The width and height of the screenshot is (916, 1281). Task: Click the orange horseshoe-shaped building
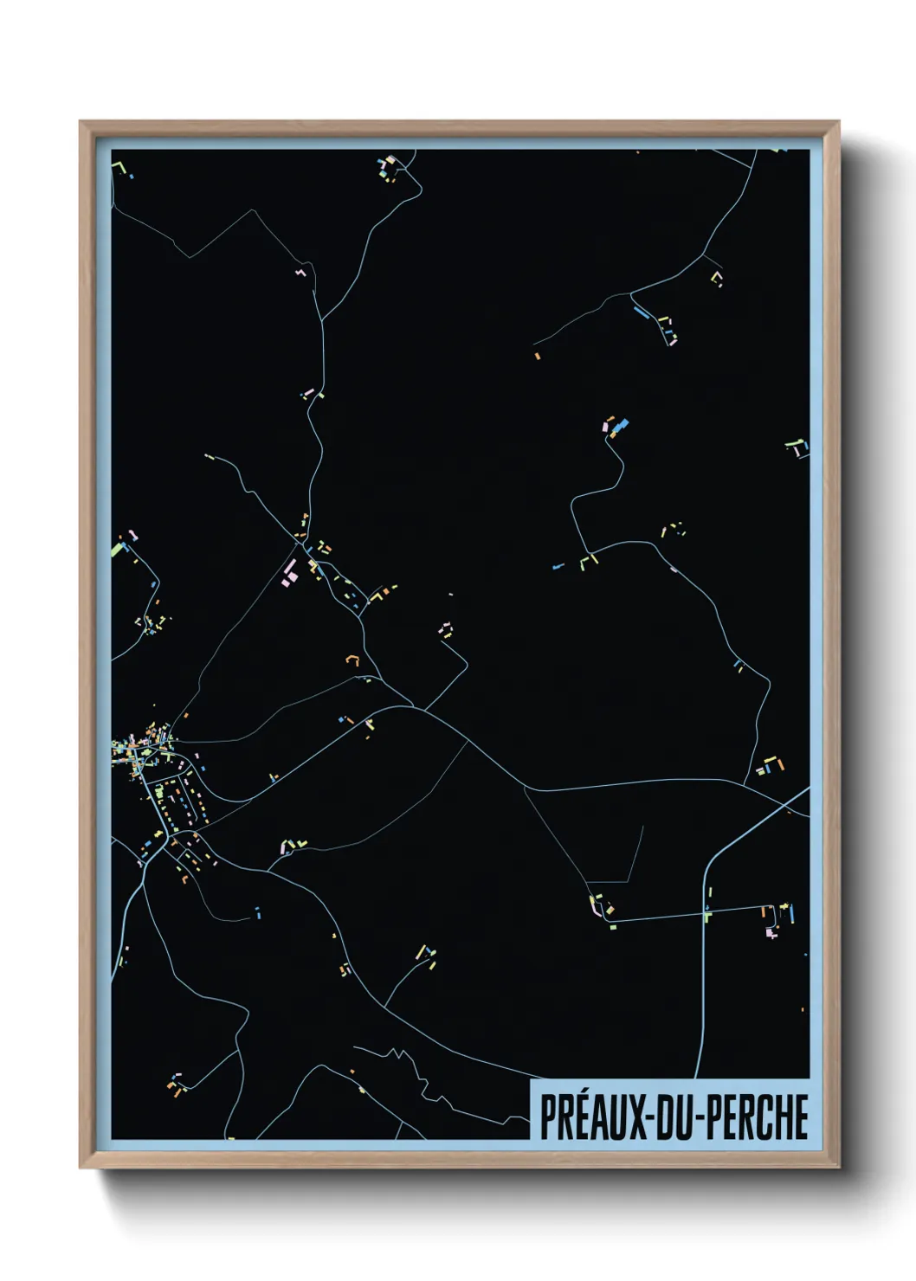pos(352,660)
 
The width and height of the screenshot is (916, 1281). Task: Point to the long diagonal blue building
pos(642,311)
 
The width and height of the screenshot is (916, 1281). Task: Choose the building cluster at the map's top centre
pos(388,168)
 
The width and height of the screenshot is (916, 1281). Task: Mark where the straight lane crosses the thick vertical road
pos(706,913)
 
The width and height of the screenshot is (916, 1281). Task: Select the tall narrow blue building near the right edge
pos(791,912)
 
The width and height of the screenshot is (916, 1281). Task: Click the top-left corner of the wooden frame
pos(81,123)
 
